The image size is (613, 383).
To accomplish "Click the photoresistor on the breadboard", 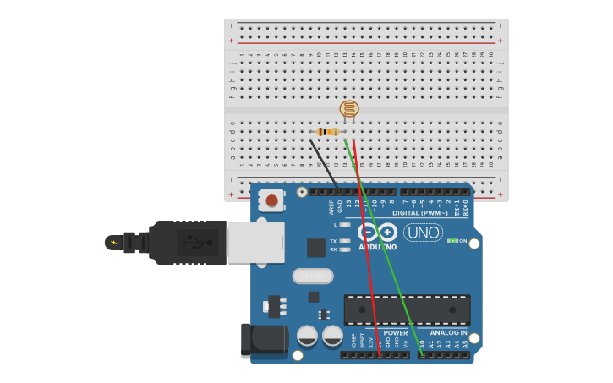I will (x=348, y=108).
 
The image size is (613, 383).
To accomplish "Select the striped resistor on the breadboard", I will (x=328, y=131).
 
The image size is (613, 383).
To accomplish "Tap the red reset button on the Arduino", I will (x=271, y=200).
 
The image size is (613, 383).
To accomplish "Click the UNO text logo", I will (x=423, y=233).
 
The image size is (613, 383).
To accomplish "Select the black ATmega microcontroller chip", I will (x=407, y=309).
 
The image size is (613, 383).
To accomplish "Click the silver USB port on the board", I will (x=255, y=243).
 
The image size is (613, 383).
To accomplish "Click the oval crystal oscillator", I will (x=313, y=276).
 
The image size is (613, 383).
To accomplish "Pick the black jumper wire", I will (x=324, y=164).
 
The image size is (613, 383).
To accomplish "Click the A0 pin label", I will (x=422, y=344).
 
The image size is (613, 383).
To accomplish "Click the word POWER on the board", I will (x=395, y=333).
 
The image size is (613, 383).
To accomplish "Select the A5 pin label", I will (x=464, y=344).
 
